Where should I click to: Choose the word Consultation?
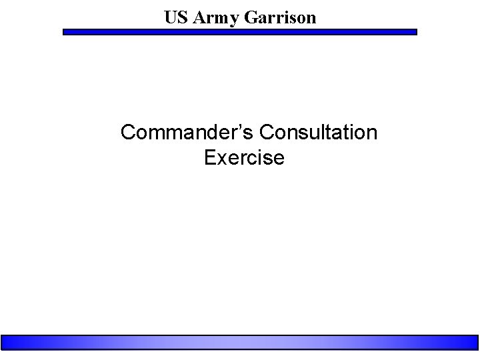[x=319, y=133]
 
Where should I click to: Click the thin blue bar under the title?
[x=240, y=31]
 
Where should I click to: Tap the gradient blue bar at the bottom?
[x=240, y=343]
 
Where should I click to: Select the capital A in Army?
[x=197, y=18]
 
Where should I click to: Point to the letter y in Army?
[x=225, y=20]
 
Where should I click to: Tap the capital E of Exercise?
[x=209, y=158]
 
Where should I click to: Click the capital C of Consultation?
[x=267, y=133]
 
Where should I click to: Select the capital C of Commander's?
[x=128, y=133]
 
